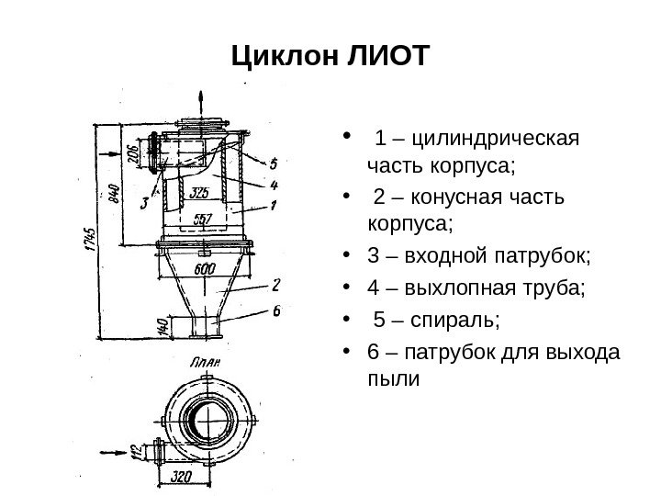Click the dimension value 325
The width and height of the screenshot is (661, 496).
click(x=200, y=193)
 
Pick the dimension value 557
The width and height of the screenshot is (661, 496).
click(x=204, y=219)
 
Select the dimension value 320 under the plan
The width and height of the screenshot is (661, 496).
click(x=182, y=478)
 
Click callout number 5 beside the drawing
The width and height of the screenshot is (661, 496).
click(x=273, y=165)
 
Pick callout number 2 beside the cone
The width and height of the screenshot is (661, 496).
click(x=275, y=287)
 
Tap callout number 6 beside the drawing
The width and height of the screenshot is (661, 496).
click(x=275, y=311)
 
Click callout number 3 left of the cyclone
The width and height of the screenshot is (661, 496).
click(x=143, y=203)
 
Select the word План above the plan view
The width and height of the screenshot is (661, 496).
click(x=204, y=364)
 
